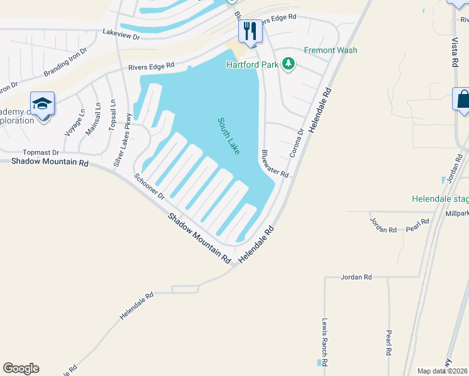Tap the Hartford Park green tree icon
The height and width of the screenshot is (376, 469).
tap(288, 64)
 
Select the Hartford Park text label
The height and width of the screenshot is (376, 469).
tap(253, 64)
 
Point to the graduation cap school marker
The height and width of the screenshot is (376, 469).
tap(42, 103)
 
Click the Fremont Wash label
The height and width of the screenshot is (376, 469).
tap(330, 50)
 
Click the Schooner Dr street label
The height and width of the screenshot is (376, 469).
tap(149, 187)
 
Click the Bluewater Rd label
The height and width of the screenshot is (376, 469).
tap(274, 164)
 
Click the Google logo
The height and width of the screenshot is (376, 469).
tap(21, 368)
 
